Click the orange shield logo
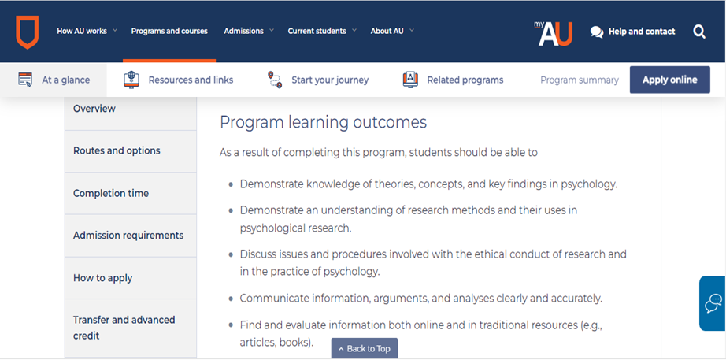pos(28,32)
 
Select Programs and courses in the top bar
pos(169,31)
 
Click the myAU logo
pos(554,33)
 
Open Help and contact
pos(632,32)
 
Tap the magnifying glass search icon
pos(699,32)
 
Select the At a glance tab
pos(54,80)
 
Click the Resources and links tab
pos(178,80)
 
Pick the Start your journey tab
pos(318,80)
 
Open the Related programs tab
pos(453,80)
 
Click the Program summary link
pos(580,80)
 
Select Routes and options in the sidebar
pos(117,150)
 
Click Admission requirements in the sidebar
pos(128,236)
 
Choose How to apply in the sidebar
pos(103,278)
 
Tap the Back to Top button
pos(365,348)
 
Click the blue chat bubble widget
pos(713,303)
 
